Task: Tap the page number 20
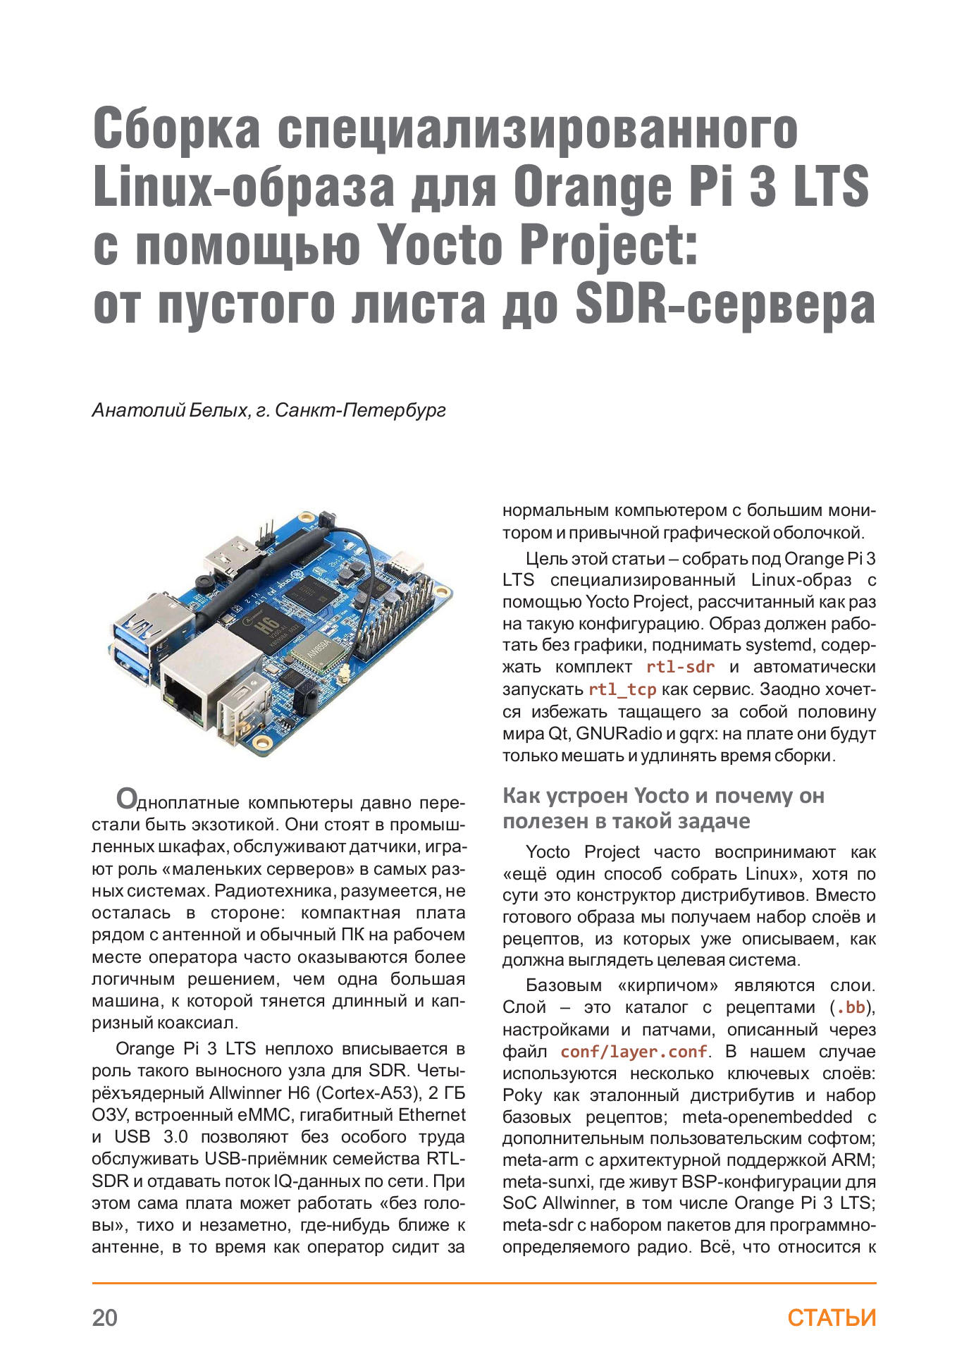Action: (x=105, y=1317)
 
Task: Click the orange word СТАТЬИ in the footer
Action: (x=832, y=1317)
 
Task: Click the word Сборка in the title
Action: (x=176, y=128)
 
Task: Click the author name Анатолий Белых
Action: (x=169, y=410)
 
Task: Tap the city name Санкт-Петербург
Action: (x=360, y=410)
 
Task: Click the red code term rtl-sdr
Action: (x=680, y=667)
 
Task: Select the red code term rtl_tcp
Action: (x=622, y=689)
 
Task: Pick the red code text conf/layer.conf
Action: (x=634, y=1052)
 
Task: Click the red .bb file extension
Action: (x=850, y=1008)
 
